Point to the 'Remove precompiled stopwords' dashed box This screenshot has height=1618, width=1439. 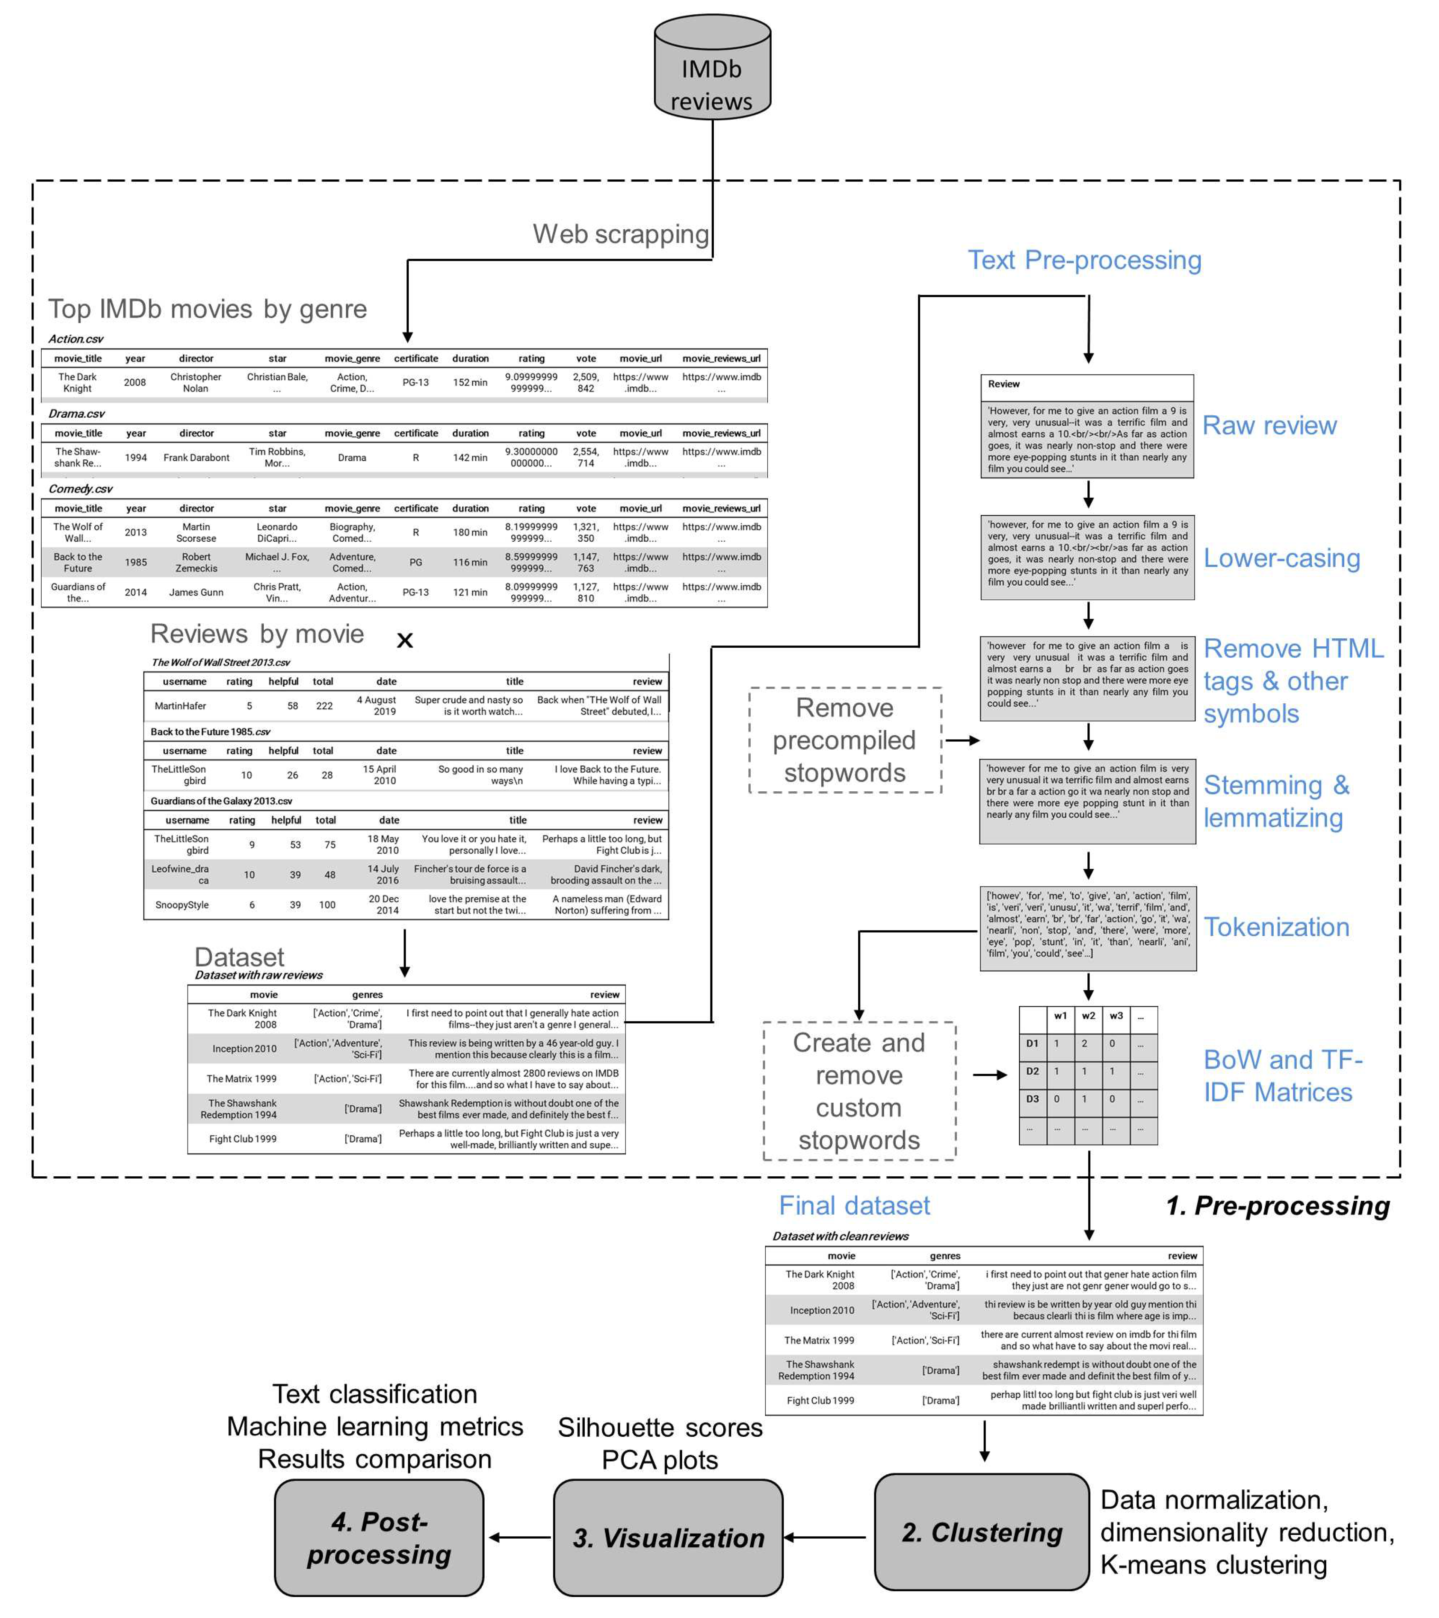[845, 740]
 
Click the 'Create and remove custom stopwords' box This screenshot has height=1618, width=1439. [859, 1091]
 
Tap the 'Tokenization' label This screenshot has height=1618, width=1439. [1276, 927]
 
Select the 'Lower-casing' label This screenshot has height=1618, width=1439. [1282, 558]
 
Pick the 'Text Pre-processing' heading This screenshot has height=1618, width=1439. [1085, 261]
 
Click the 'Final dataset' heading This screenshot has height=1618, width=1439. [854, 1206]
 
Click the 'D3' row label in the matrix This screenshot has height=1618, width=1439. [1032, 1099]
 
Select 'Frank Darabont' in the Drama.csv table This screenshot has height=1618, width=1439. [196, 458]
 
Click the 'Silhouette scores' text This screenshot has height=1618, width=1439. [660, 1427]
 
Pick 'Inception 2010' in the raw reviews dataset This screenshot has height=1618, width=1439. [245, 1049]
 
